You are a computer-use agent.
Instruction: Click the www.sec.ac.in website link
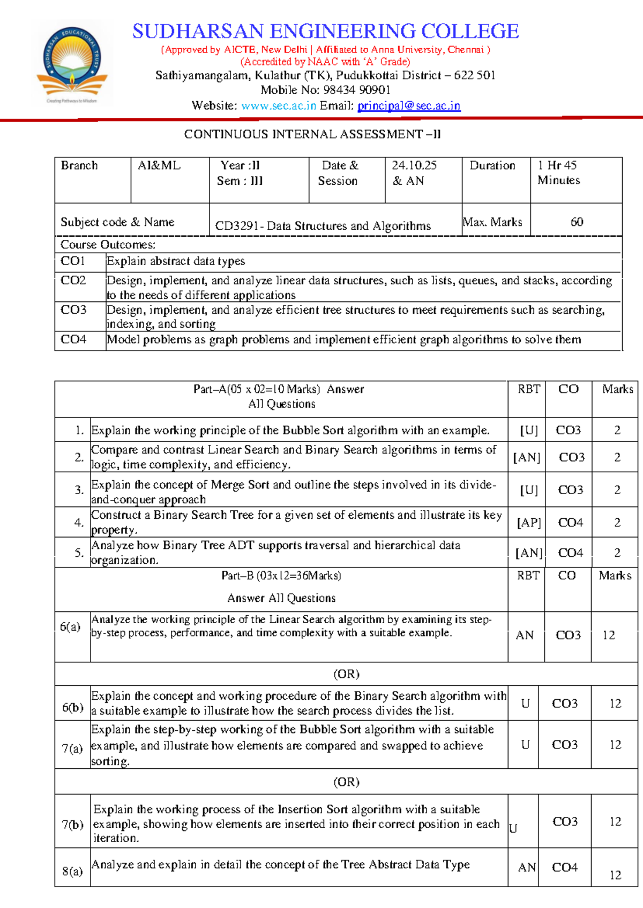coord(279,105)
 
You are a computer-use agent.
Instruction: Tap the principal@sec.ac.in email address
coord(408,105)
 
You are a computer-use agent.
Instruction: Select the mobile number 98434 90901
coord(356,90)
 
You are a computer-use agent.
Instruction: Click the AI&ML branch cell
coord(159,165)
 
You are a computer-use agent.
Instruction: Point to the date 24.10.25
coord(414,165)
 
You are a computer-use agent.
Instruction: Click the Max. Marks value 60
coord(577,222)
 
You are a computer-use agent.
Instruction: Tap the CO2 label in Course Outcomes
coord(73,281)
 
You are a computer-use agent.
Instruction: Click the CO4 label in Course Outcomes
coord(73,339)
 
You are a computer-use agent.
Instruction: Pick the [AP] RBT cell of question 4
coord(528,523)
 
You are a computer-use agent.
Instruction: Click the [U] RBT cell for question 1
coord(529,430)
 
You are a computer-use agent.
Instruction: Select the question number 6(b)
coord(72,707)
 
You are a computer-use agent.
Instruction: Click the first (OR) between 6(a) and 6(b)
coord(346,674)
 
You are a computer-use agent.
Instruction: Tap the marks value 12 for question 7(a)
coord(615,745)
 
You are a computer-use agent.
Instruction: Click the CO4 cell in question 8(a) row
coord(565,867)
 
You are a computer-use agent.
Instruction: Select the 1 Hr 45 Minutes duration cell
coord(558,172)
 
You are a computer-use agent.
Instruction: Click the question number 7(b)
coord(72,824)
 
